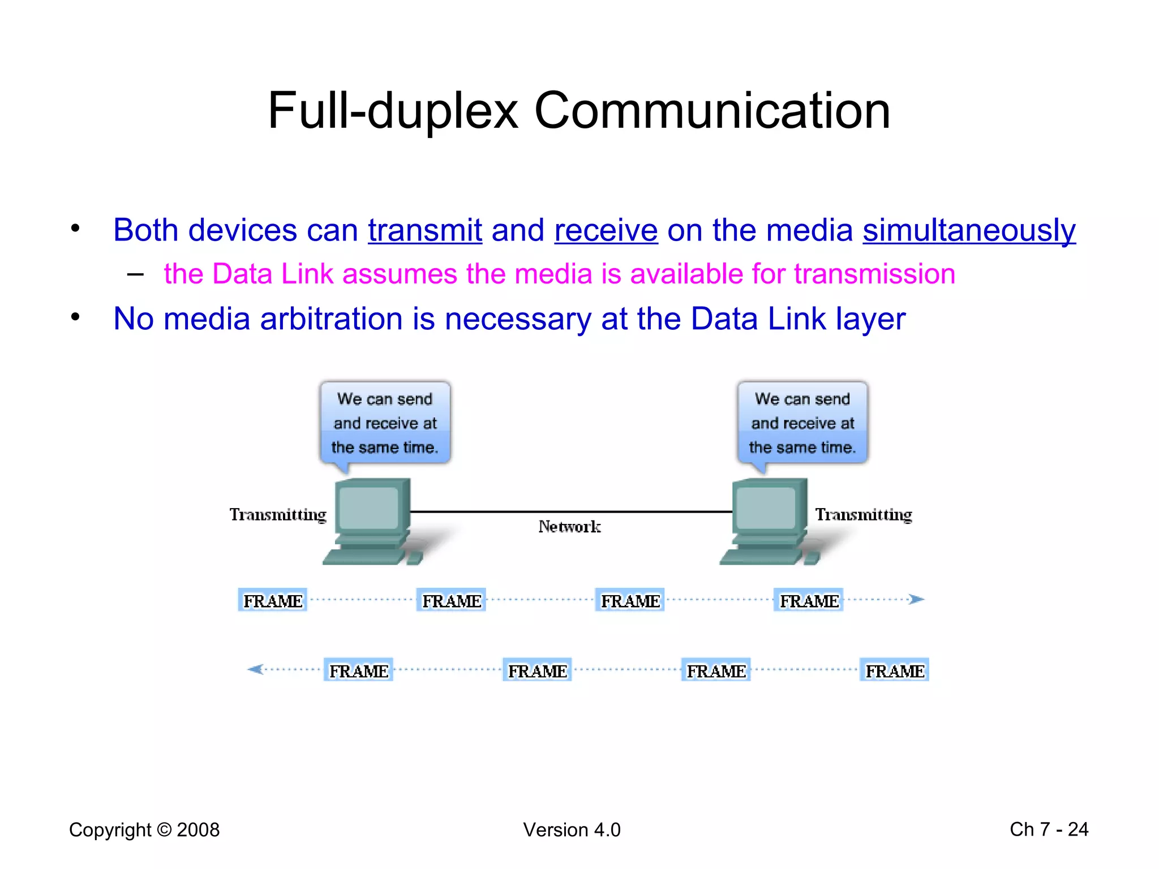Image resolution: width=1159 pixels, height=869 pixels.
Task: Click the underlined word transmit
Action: point(424,231)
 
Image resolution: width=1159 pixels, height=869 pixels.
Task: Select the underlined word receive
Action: point(606,231)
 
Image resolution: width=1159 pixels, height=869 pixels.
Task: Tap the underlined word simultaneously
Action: point(969,231)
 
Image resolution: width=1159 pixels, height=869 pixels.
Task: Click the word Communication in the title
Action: point(712,111)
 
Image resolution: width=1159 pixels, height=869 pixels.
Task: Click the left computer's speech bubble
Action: point(385,423)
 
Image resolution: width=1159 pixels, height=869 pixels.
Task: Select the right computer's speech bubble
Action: point(802,423)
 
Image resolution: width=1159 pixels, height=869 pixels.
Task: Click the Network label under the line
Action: point(569,527)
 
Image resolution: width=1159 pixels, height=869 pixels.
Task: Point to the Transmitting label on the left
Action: point(278,514)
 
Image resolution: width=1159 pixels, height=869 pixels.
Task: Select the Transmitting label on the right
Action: point(864,514)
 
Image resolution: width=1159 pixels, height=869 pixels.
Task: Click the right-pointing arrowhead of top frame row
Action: point(916,599)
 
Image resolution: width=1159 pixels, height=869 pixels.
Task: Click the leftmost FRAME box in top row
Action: point(273,600)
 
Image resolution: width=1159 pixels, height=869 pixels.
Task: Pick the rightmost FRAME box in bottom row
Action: point(894,670)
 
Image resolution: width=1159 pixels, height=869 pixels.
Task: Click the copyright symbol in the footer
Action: point(164,830)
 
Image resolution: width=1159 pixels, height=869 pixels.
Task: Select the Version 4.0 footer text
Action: point(572,830)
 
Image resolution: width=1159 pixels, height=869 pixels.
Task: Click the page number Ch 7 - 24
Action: point(1049,829)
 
